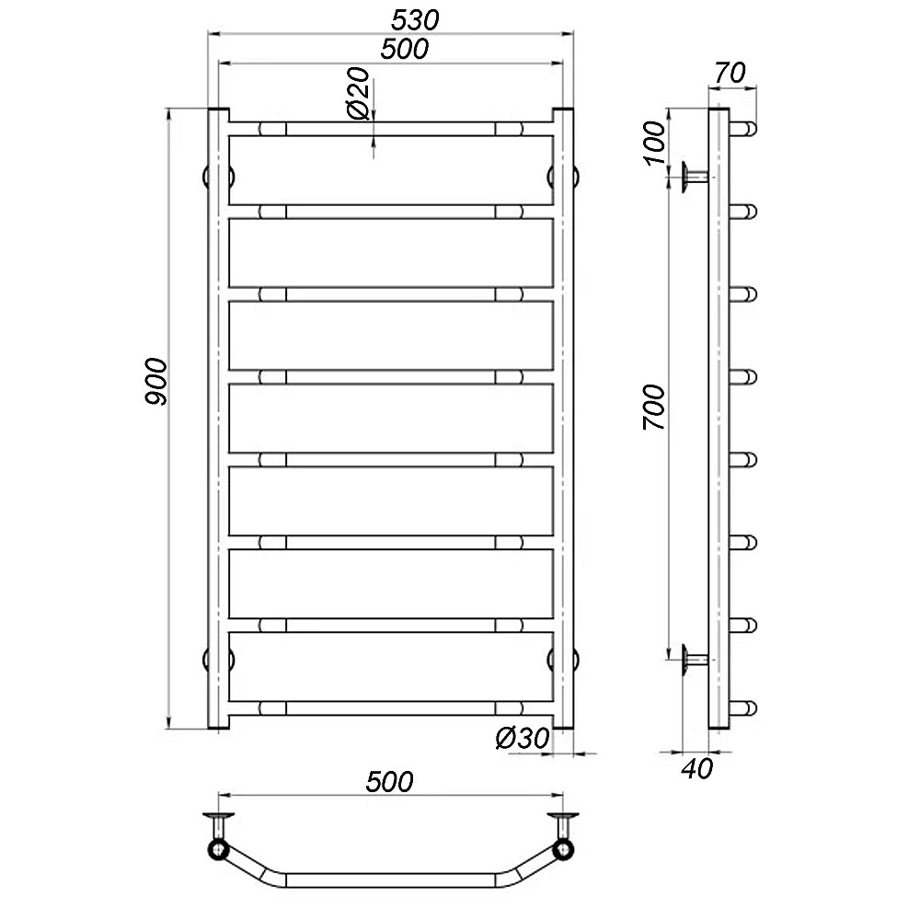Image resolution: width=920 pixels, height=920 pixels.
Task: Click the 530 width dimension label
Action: (415, 20)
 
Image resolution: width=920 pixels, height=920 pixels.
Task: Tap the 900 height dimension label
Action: (156, 382)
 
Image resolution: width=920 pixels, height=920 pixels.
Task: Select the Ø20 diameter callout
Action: (359, 93)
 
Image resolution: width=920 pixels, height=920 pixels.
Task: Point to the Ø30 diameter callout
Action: (523, 738)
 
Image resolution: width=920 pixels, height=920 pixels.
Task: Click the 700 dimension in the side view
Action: (654, 408)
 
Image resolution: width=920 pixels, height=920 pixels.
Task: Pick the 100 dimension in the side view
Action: (655, 144)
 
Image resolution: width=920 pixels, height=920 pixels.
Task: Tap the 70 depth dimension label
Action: (730, 74)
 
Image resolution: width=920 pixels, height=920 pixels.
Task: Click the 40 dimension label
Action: (697, 768)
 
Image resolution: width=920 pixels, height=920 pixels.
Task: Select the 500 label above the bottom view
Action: (389, 781)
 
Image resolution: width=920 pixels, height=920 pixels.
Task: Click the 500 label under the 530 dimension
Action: (404, 50)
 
